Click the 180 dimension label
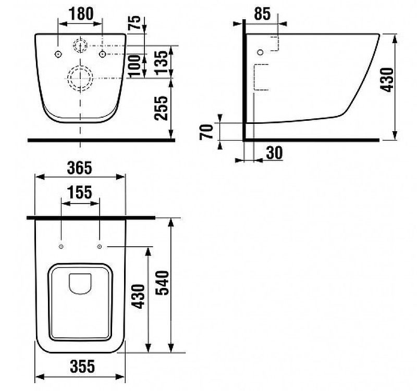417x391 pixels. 81,14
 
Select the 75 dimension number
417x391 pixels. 135,22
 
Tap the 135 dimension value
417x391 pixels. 162,62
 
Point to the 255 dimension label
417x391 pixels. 162,108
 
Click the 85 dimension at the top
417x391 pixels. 262,14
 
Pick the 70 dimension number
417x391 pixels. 206,132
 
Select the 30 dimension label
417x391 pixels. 274,153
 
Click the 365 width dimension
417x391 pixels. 80,168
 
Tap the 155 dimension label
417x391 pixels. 80,192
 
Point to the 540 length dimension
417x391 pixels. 162,283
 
